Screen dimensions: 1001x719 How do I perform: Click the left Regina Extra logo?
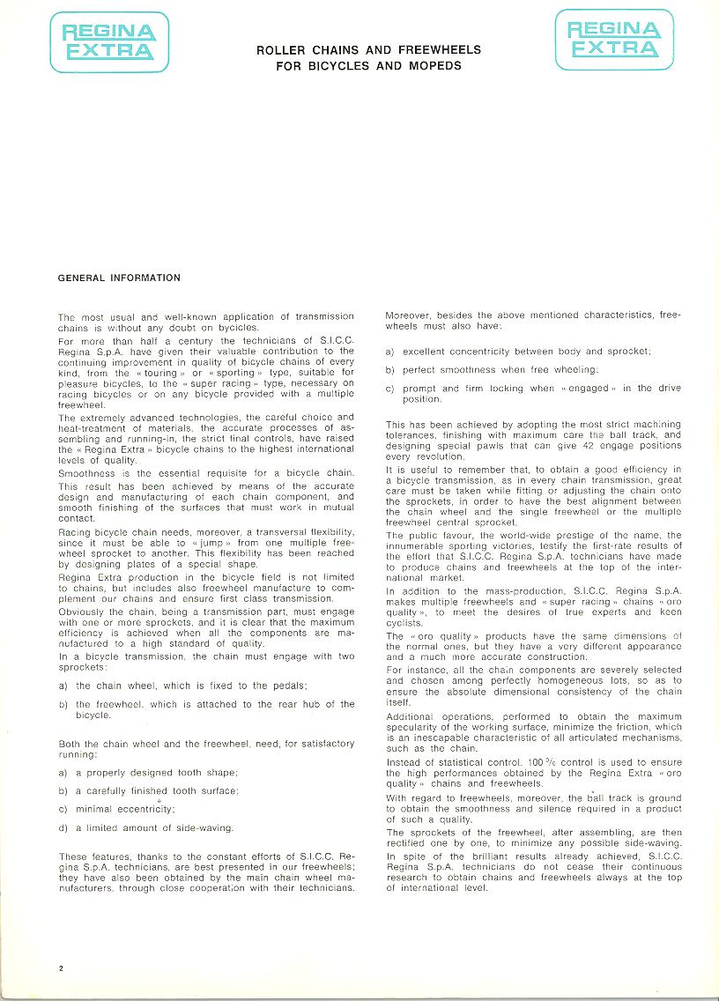109,41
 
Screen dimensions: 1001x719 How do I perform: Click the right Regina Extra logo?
614,41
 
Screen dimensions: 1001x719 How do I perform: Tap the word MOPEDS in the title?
435,65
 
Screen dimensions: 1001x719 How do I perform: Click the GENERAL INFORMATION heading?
119,278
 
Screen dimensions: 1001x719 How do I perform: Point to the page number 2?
62,968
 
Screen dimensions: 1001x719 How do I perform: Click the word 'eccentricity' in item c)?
142,809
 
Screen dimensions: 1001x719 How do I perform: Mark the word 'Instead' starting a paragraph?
406,762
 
